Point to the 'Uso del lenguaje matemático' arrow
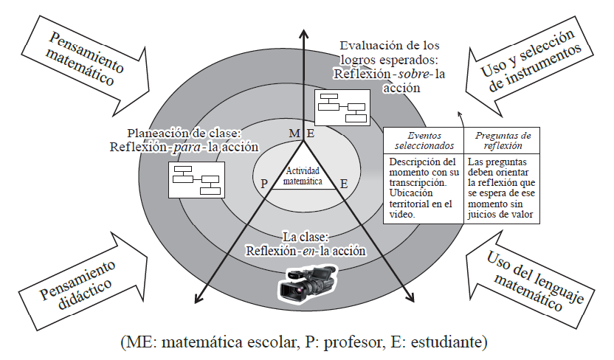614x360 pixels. tap(531, 283)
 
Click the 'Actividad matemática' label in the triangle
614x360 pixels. tap(304, 174)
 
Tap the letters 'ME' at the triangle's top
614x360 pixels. tap(295, 133)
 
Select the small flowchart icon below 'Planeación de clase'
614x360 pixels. tap(195, 179)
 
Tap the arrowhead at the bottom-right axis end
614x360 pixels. tap(410, 300)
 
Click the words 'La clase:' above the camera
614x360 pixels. tap(305, 238)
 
